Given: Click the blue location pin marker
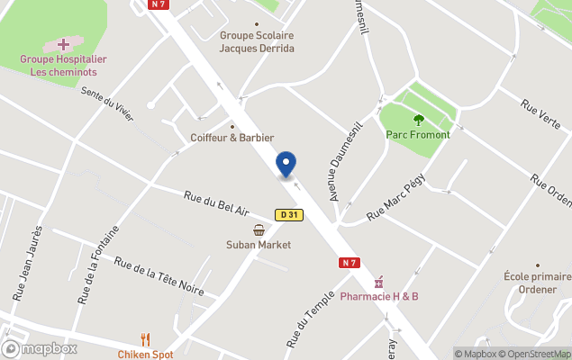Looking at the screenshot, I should click(x=286, y=165).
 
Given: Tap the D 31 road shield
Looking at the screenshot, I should click(x=288, y=215).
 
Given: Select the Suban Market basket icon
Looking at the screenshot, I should click(x=259, y=229).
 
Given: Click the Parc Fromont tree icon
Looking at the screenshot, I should click(x=418, y=120).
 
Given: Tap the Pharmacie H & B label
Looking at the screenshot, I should click(x=379, y=296).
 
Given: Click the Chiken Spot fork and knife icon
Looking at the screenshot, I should click(x=145, y=339).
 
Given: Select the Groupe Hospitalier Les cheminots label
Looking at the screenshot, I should click(x=64, y=65).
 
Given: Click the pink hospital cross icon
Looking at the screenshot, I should click(x=64, y=44).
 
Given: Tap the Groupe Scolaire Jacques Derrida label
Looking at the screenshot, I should click(x=257, y=42).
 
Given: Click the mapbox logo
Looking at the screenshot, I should click(x=40, y=349).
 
